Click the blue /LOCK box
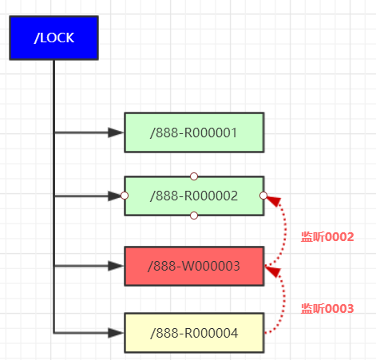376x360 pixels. [x=53, y=38]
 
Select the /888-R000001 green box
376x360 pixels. [x=194, y=133]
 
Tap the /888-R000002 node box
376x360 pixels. [x=194, y=196]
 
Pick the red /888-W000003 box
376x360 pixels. [x=194, y=266]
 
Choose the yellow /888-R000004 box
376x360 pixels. [x=194, y=333]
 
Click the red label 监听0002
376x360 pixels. [x=327, y=237]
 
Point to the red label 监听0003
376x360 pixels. [x=327, y=309]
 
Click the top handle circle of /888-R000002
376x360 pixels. [x=194, y=176]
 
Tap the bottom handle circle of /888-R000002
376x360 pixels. [x=194, y=216]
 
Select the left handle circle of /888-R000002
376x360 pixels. [x=125, y=196]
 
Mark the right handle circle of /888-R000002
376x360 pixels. [x=263, y=196]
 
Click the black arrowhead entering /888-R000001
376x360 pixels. [x=116, y=133]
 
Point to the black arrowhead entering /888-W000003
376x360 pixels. [x=116, y=266]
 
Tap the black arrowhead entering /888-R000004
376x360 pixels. [x=116, y=333]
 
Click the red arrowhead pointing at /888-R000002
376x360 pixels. [x=274, y=201]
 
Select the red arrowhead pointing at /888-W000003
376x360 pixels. [x=273, y=271]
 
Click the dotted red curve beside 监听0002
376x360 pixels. [x=286, y=231]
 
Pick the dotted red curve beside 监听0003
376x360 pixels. [x=283, y=301]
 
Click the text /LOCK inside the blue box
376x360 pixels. [x=54, y=38]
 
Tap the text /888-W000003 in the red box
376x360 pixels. [x=194, y=266]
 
